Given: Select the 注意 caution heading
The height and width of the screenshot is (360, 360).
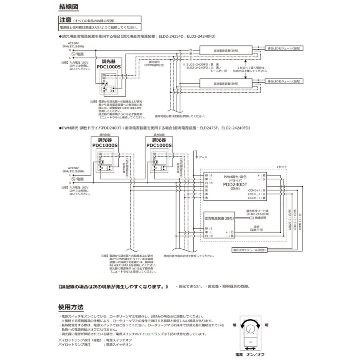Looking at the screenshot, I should (x=65, y=20).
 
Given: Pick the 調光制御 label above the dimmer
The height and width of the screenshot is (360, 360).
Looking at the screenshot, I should (x=159, y=136).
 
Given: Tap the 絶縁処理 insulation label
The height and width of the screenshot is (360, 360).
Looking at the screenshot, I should (x=256, y=218).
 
